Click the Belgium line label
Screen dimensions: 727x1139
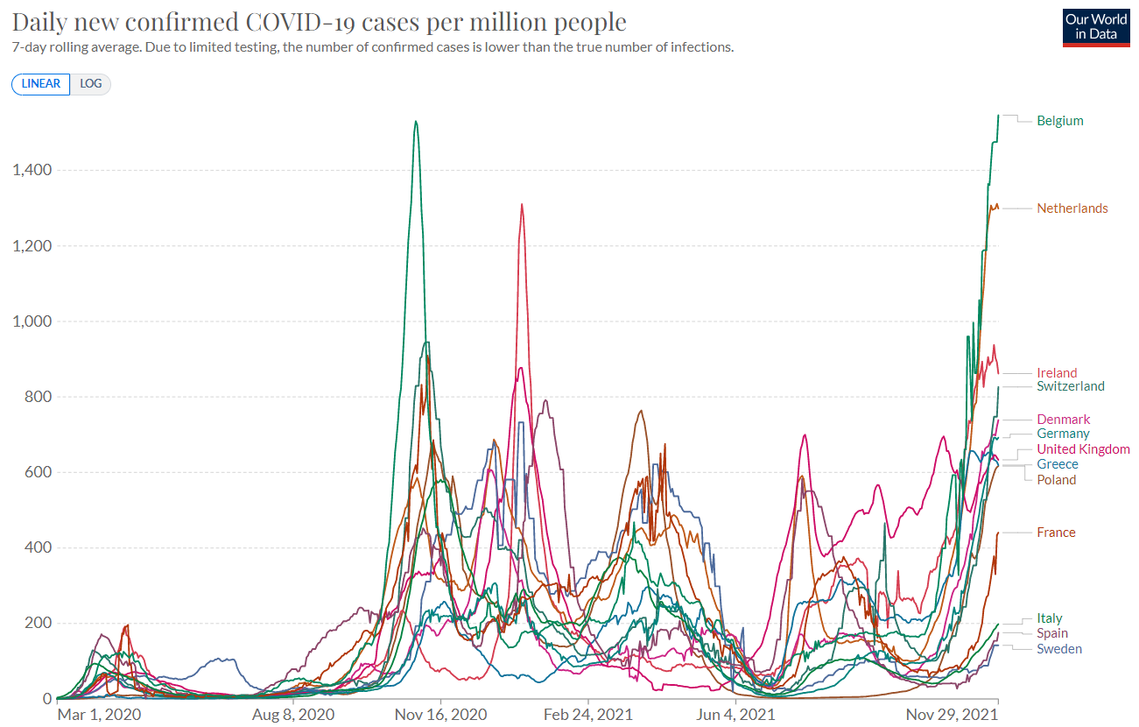point(1059,121)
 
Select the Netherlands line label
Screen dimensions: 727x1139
point(1072,208)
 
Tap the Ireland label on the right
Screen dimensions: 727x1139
point(1057,373)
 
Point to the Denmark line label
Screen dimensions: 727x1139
point(1063,420)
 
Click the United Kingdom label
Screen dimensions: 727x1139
point(1083,449)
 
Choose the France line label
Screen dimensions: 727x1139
point(1056,533)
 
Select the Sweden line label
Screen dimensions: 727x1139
point(1058,649)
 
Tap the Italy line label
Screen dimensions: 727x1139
point(1050,618)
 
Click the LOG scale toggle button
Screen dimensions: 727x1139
point(90,84)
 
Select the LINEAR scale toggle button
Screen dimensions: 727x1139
point(41,84)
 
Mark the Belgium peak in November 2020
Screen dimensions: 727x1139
point(415,122)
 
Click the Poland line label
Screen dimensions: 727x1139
point(1056,480)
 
